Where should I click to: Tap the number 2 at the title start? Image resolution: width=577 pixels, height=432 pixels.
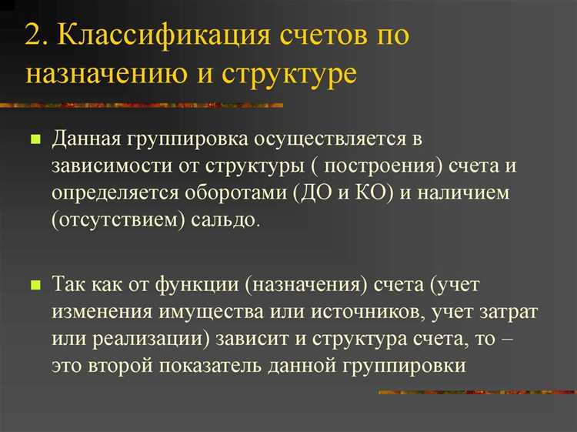pos(32,36)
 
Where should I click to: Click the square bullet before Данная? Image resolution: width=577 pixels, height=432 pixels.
pos(35,141)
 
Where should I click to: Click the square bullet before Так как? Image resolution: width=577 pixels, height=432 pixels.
pos(35,286)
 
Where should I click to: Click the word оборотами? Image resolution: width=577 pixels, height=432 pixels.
pos(233,193)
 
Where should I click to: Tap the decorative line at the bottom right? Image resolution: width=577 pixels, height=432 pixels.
pos(477,393)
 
